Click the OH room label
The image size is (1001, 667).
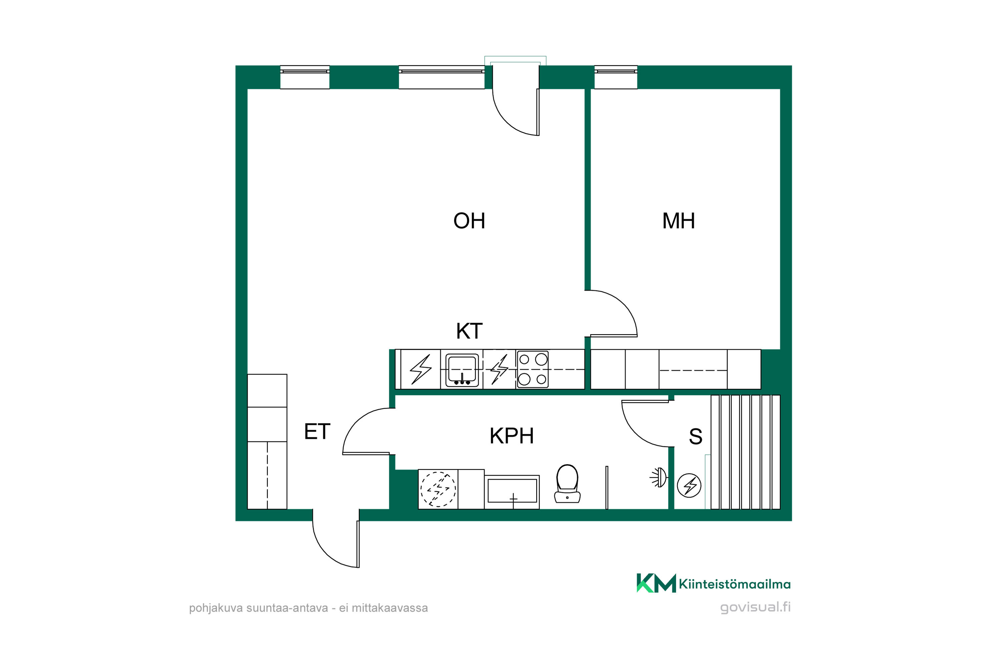(x=469, y=221)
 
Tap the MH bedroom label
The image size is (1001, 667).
(x=678, y=221)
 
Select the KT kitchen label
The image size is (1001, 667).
(x=469, y=331)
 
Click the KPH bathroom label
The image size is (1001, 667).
(x=512, y=436)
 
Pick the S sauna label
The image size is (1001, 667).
(x=695, y=437)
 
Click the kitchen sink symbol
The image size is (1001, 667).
(x=462, y=370)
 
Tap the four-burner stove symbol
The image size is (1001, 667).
(x=533, y=369)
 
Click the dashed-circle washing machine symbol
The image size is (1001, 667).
(x=438, y=489)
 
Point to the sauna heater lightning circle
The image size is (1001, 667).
(x=689, y=485)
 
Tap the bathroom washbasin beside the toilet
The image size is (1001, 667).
(x=512, y=491)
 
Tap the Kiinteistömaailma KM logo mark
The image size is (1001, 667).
(x=656, y=583)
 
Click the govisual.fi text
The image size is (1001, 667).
(x=755, y=607)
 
